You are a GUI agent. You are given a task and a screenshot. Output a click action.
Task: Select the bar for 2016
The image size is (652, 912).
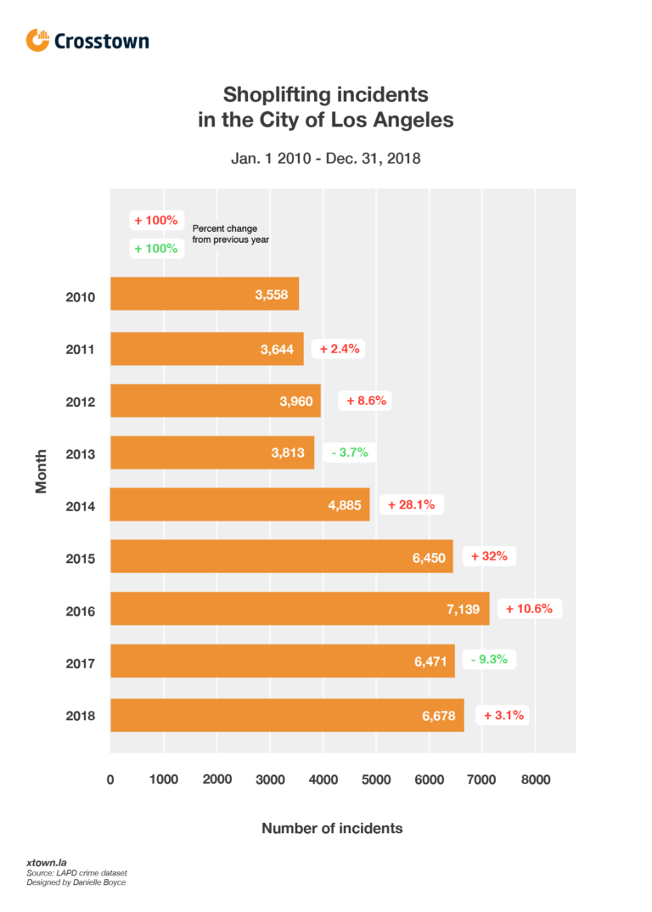coord(300,609)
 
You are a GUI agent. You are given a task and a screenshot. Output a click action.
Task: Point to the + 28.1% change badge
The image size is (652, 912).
coord(412,504)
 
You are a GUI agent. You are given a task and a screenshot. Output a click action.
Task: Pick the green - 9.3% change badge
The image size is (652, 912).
coord(486,658)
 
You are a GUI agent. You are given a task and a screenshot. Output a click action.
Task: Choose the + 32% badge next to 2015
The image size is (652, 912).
coord(490,557)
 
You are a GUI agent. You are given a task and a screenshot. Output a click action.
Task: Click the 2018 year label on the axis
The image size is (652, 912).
coord(81,716)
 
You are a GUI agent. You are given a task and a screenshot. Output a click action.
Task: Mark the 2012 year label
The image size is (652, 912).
coord(81,402)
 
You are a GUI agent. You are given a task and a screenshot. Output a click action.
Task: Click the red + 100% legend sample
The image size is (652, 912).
coord(155,220)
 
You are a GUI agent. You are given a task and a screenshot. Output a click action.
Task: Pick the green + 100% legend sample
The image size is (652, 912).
coord(155,249)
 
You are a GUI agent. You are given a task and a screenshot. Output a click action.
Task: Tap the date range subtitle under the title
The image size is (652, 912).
coord(326,158)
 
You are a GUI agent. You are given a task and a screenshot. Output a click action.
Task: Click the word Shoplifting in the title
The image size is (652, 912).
coord(278,93)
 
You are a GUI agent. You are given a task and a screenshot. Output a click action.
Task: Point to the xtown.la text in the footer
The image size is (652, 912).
coord(44,863)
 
